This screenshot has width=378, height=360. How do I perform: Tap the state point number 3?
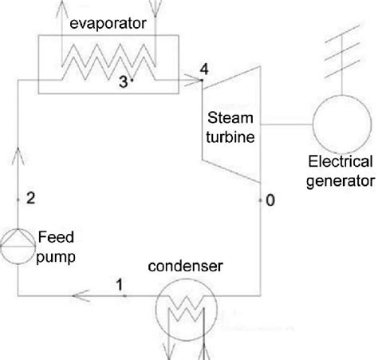pos(123,81)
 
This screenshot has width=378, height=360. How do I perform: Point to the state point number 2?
pos(30,199)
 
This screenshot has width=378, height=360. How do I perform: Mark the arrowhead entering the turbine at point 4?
pos(195,78)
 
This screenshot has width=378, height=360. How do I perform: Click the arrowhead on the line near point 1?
pos(87,295)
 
